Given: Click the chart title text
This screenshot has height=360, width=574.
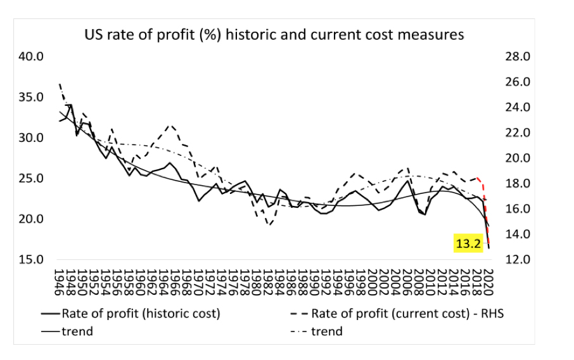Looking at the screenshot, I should pyautogui.click(x=274, y=34).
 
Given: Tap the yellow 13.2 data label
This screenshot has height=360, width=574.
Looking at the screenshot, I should pyautogui.click(x=468, y=243).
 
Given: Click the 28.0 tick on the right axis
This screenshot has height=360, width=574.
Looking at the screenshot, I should pyautogui.click(x=517, y=56).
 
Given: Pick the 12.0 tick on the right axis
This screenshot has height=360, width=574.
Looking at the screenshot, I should pyautogui.click(x=517, y=259).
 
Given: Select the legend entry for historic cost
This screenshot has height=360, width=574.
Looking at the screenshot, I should pyautogui.click(x=139, y=313).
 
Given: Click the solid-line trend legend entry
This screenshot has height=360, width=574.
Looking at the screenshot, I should pyautogui.click(x=77, y=331).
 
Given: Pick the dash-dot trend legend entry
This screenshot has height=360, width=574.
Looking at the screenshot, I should pyautogui.click(x=326, y=331).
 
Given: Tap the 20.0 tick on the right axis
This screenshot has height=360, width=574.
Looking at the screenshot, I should pyautogui.click(x=517, y=158).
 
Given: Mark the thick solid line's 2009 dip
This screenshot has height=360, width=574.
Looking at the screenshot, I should pyautogui.click(x=424, y=214).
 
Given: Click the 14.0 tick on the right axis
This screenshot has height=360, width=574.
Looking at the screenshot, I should pyautogui.click(x=517, y=234).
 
